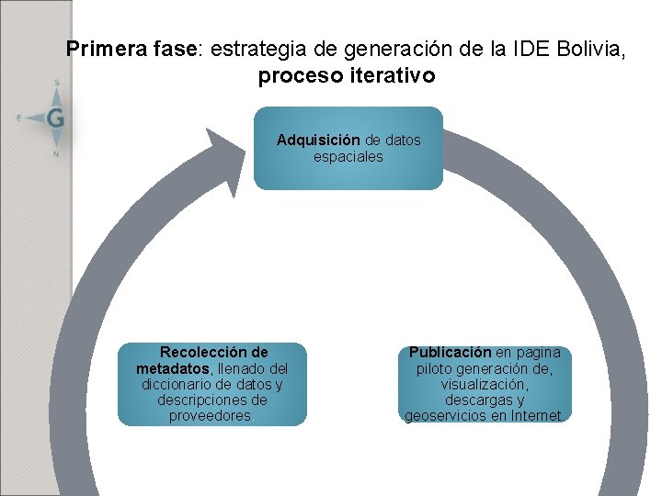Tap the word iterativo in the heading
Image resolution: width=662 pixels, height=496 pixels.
pyautogui.click(x=393, y=75)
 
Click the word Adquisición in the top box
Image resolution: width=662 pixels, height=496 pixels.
pyautogui.click(x=318, y=141)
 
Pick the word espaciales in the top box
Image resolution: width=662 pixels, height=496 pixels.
pyautogui.click(x=348, y=156)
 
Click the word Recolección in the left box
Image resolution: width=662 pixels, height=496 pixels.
pyautogui.click(x=214, y=352)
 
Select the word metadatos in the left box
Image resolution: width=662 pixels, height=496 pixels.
pyautogui.click(x=172, y=368)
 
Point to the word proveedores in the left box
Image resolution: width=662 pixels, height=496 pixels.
pyautogui.click(x=211, y=416)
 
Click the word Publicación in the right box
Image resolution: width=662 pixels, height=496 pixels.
pyautogui.click(x=450, y=352)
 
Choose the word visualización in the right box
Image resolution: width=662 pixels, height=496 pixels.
pyautogui.click(x=484, y=384)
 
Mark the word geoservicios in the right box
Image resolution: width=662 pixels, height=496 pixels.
pyautogui.click(x=446, y=416)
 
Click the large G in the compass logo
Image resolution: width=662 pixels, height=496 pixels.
pyautogui.click(x=54, y=117)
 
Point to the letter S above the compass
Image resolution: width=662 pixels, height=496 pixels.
pyautogui.click(x=57, y=83)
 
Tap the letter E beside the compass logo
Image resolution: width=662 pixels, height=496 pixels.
pyautogui.click(x=19, y=118)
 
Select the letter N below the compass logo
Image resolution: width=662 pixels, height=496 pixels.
pyautogui.click(x=56, y=153)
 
